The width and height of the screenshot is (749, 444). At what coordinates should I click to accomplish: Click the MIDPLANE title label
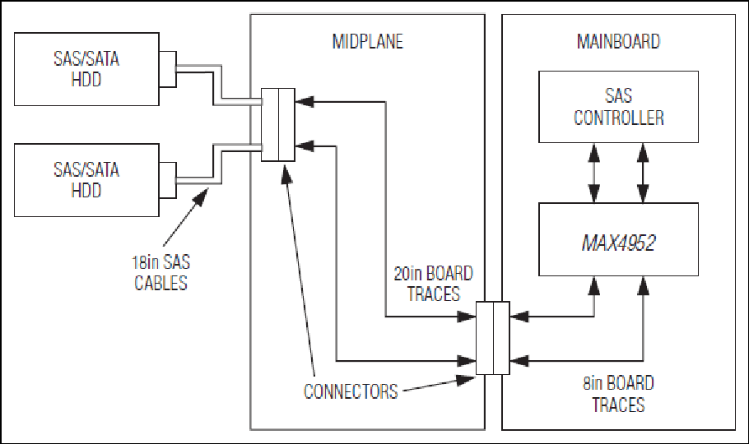point(367,42)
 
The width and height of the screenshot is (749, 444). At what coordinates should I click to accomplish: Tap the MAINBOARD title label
point(618,42)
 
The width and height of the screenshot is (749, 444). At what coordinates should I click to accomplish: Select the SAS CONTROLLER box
point(618,107)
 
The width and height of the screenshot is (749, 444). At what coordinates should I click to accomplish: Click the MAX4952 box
point(618,239)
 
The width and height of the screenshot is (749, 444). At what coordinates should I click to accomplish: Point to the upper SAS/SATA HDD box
point(86,69)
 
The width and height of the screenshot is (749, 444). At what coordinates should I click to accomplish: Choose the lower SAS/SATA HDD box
point(86,180)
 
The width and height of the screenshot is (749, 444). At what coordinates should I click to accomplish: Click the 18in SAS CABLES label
point(161,273)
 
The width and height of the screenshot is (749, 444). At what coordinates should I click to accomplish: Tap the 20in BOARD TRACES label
point(433,284)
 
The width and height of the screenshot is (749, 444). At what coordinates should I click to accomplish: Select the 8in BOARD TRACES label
point(618,394)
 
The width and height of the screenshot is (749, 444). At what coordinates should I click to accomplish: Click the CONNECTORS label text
point(351,391)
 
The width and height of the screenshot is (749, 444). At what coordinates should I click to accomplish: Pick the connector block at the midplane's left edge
point(278,125)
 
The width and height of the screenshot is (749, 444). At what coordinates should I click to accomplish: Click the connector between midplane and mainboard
point(493,338)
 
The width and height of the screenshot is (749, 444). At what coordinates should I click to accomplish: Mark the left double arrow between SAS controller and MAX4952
point(594,173)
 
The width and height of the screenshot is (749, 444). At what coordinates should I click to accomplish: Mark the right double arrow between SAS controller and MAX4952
point(643,173)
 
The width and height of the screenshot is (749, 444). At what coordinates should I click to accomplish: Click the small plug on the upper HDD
point(168,69)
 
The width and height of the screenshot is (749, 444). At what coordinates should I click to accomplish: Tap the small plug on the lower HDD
point(168,180)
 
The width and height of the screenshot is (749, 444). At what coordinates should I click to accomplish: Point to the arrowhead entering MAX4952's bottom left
point(594,284)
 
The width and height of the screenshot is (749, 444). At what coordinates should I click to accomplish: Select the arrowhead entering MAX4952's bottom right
point(643,284)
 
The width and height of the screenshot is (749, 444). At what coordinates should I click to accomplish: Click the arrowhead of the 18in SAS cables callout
point(202,196)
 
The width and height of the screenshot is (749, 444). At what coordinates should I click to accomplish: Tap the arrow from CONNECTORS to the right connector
point(439,385)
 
